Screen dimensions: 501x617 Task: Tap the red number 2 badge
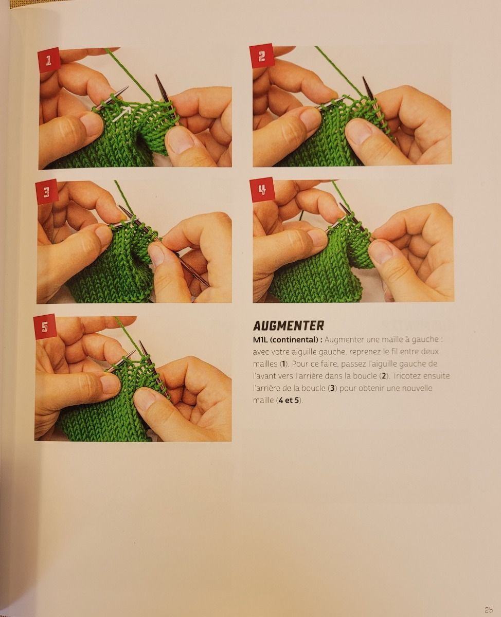click(x=262, y=56)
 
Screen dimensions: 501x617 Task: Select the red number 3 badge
click(x=47, y=192)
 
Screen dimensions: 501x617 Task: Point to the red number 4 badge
click(x=262, y=189)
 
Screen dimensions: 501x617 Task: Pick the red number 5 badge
click(x=45, y=326)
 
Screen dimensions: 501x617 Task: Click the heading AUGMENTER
click(x=289, y=326)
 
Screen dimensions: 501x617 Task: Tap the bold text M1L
click(x=260, y=340)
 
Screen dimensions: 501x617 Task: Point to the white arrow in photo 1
click(x=121, y=113)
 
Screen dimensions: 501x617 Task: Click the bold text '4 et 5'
click(x=289, y=401)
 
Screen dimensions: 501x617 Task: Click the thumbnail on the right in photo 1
click(x=182, y=140)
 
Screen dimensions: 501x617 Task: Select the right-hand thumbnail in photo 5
click(x=148, y=401)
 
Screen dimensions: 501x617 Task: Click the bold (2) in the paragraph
click(x=384, y=376)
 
